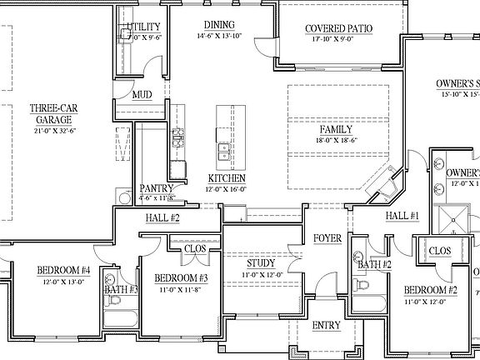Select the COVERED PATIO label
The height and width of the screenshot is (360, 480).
click(x=338, y=29)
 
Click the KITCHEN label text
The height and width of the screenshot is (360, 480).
click(x=226, y=178)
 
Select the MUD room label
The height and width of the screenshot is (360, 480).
click(x=142, y=95)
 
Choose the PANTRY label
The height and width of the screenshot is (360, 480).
click(x=156, y=188)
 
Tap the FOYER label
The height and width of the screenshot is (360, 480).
click(x=327, y=238)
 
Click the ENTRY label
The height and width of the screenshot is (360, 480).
click(x=326, y=326)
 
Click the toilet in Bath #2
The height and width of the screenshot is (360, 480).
click(x=362, y=284)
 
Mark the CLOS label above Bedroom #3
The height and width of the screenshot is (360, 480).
click(x=195, y=247)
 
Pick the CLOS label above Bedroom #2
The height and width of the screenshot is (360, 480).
click(x=439, y=251)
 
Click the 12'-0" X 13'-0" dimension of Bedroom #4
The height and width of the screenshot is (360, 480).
click(x=62, y=282)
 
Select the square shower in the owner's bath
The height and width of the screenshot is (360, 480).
click(x=455, y=218)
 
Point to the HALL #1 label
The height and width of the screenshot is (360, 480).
click(x=401, y=217)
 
